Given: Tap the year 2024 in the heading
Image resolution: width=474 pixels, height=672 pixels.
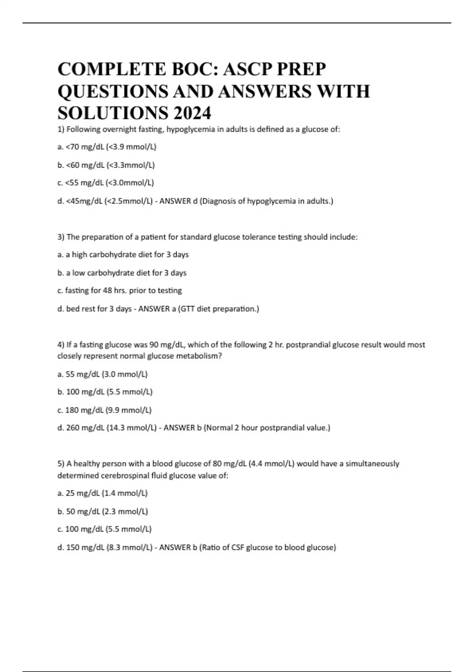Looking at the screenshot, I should pos(192,113).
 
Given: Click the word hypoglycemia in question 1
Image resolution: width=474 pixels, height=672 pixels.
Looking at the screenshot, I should pos(187,129).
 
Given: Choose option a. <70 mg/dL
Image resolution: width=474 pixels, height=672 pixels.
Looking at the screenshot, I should pos(107,147).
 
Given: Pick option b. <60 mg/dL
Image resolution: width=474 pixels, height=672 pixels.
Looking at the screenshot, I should pos(106,165).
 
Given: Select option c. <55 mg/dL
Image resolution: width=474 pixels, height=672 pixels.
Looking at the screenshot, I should pos(105,183).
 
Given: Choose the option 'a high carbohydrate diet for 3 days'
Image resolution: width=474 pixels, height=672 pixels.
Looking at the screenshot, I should pos(123,255).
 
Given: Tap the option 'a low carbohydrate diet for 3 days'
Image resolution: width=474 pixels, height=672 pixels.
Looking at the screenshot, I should pos(122,273).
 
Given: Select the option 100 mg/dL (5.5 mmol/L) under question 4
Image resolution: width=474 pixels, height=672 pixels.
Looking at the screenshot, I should pos(105,392).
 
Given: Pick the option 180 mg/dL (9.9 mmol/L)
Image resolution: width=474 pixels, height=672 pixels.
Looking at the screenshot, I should pos(104,410).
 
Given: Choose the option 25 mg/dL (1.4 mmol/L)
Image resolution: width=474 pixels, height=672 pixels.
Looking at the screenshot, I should pos(102,493).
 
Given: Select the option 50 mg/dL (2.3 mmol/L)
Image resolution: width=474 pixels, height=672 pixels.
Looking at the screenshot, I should pos(103,512).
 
